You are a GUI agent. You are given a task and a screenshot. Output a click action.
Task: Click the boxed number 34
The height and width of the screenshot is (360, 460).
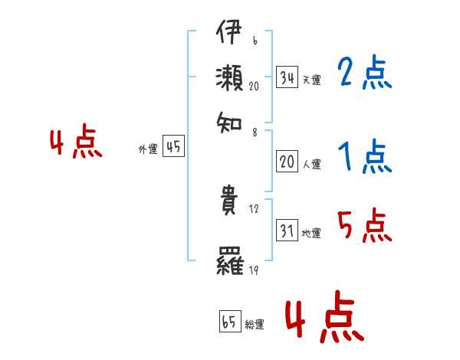tap(287, 77)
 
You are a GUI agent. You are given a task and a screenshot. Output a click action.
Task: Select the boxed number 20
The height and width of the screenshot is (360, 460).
tap(287, 162)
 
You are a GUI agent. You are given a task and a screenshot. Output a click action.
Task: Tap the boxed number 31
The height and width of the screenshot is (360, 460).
tap(287, 231)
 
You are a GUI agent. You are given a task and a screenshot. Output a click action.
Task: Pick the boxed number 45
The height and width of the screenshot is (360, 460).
tap(173, 148)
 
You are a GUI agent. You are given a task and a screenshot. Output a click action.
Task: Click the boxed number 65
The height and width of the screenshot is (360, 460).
tap(228, 322)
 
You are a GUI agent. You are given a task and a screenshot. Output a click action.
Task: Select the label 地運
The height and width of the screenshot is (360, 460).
tap(311, 233)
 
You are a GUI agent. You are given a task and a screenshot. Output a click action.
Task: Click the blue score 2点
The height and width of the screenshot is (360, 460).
tap(365, 74)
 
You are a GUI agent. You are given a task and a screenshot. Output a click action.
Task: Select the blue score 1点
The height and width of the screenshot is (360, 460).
tap(365, 157)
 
